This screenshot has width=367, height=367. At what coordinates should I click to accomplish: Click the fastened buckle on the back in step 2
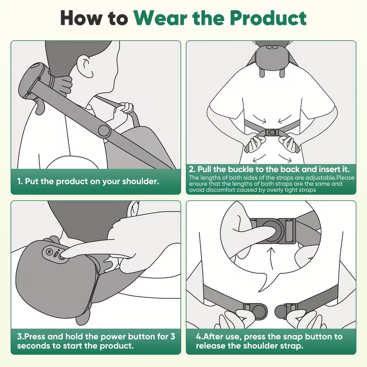tap(272, 132)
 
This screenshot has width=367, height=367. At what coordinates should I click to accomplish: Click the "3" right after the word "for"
tap(172, 336)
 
